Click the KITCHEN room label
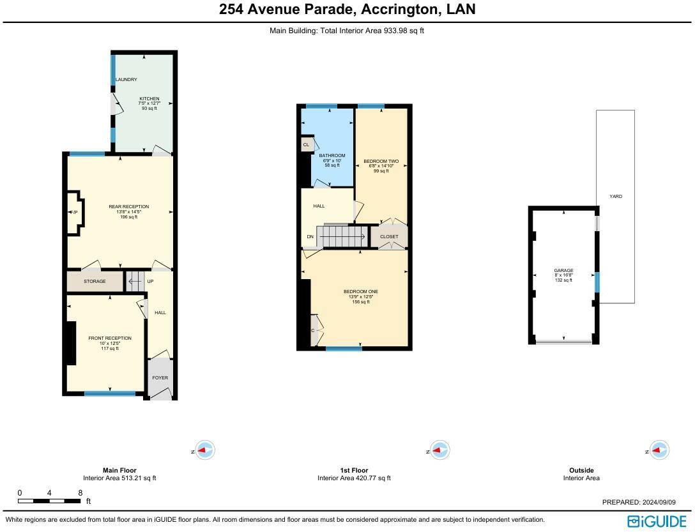[149, 99]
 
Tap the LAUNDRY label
[126, 80]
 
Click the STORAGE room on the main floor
[95, 282]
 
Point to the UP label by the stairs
[150, 282]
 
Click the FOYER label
[160, 377]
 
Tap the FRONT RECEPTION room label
[110, 338]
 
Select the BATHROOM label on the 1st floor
[332, 156]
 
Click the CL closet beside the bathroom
[307, 144]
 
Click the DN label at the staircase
[310, 237]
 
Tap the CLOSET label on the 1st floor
[389, 237]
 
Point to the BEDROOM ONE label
[361, 292]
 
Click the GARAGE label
[564, 270]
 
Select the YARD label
[616, 197]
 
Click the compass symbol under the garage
[659, 450]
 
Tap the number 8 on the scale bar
[80, 493]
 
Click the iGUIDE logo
[657, 521]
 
